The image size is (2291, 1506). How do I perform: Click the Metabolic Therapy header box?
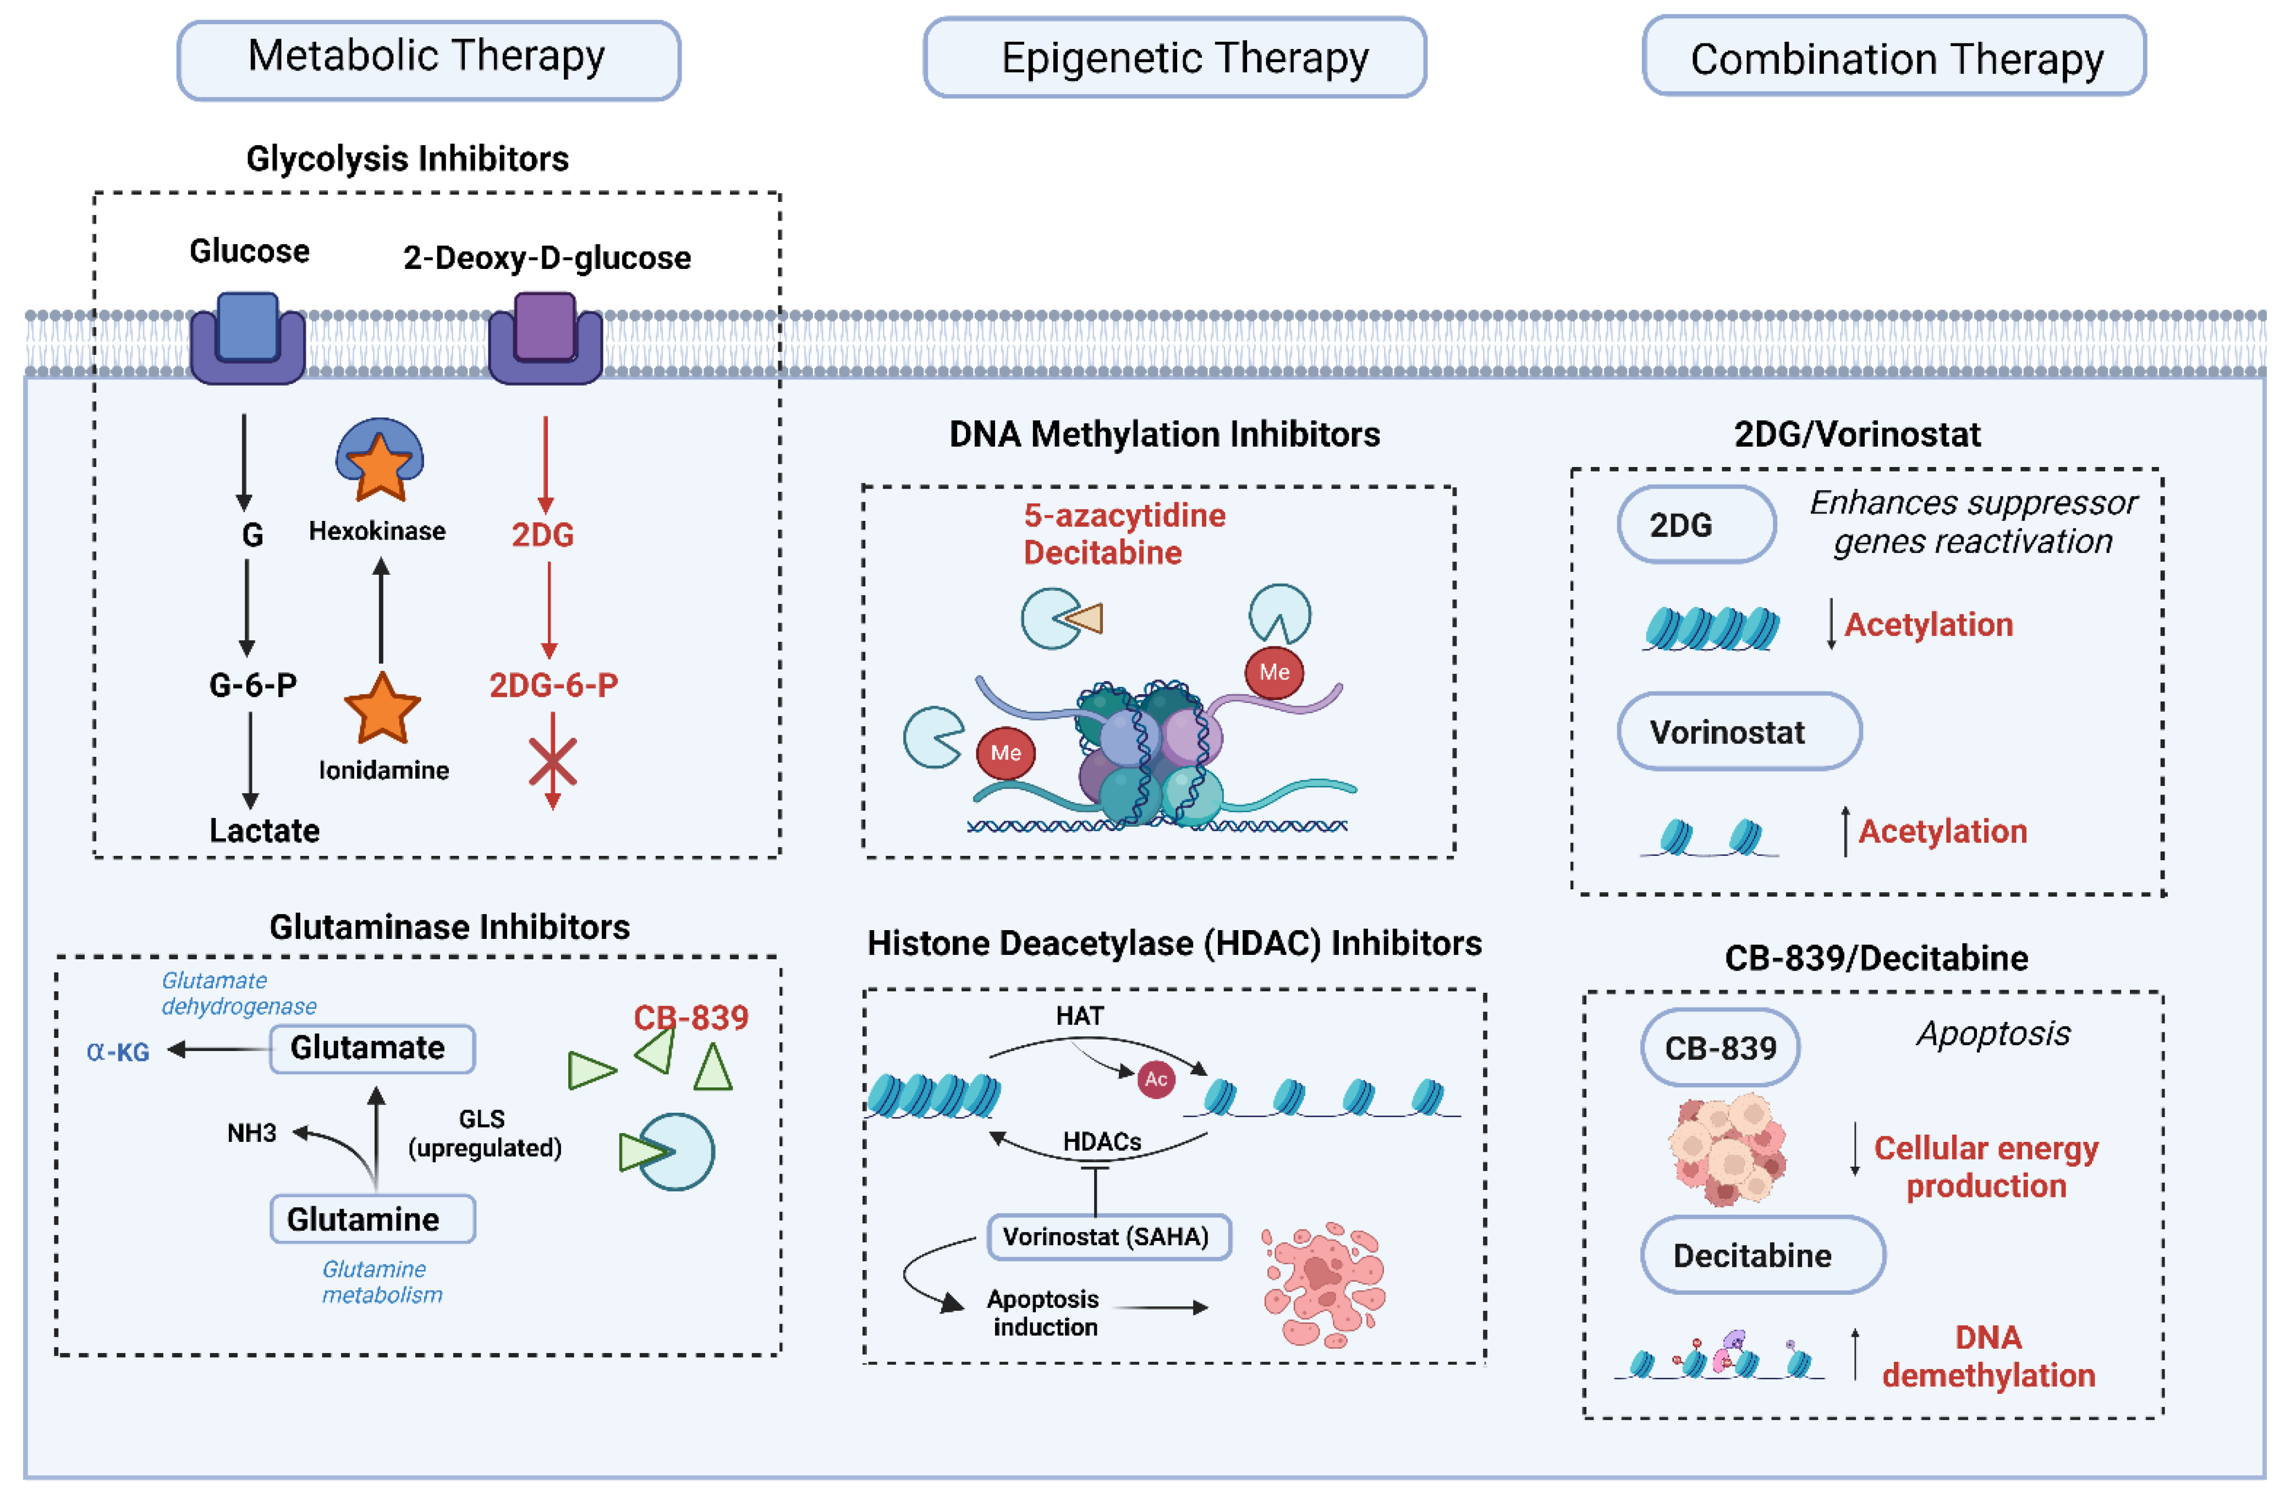[x=428, y=59]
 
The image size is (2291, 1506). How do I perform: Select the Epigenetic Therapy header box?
[x=1174, y=58]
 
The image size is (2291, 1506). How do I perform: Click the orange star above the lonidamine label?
[x=382, y=708]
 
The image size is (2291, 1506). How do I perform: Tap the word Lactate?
[x=264, y=831]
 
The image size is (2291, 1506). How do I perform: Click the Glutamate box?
[x=372, y=1048]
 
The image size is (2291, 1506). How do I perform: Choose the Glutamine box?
[x=372, y=1219]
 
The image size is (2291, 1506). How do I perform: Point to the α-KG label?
[x=118, y=1051]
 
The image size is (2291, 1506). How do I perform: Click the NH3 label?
[x=251, y=1133]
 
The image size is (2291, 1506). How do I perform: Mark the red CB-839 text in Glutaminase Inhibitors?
[x=690, y=1017]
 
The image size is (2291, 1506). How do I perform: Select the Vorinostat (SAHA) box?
[x=1108, y=1236]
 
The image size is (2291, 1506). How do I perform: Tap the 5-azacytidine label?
[x=1124, y=516]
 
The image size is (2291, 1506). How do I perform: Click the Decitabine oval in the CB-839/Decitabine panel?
[x=1761, y=1255]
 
